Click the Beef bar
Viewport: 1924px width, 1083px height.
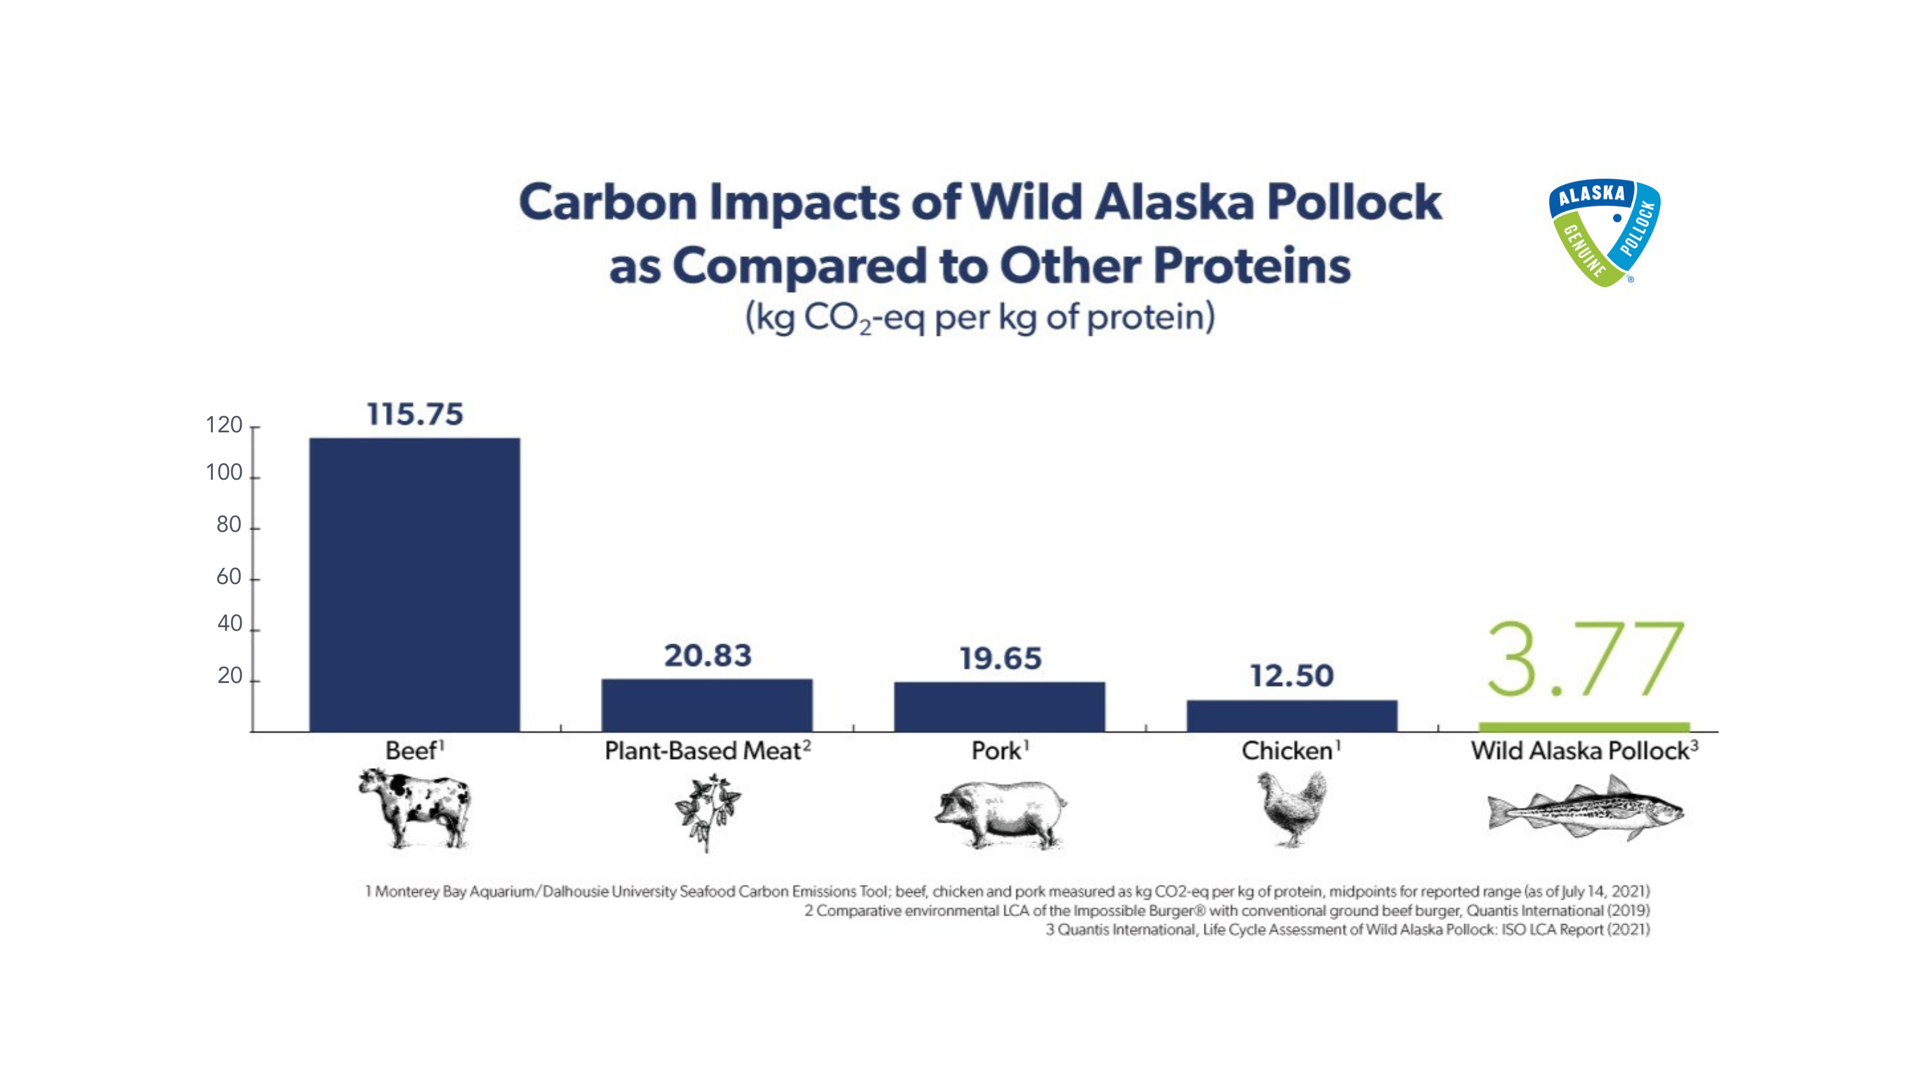pos(414,584)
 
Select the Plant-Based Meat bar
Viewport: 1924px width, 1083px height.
pos(706,705)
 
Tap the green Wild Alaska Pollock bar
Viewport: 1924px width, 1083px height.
pos(1584,727)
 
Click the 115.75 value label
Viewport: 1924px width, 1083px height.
pos(414,414)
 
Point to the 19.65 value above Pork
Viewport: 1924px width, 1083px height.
pos(1000,658)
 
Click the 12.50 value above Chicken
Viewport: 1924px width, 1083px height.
pos(1292,676)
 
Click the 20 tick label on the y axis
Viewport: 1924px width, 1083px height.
pos(229,675)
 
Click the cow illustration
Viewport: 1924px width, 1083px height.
pos(414,809)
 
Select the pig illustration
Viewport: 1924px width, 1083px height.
pos(1001,815)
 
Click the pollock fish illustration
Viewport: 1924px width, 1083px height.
pos(1585,808)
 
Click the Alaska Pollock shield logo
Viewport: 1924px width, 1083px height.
pos(1604,232)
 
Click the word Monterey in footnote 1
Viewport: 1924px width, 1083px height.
pos(407,891)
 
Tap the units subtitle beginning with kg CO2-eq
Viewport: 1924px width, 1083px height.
pos(980,317)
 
